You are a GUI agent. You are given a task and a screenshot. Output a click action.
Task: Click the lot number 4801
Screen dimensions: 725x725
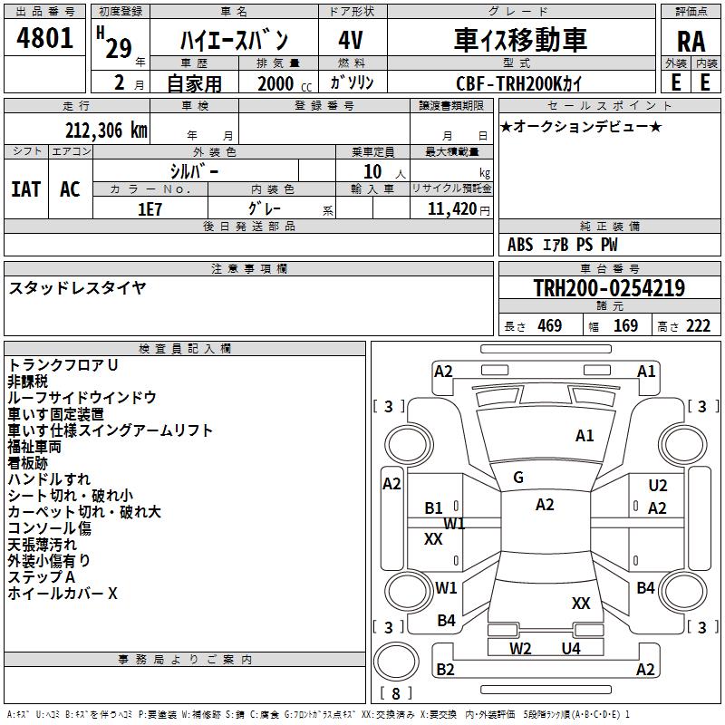44,39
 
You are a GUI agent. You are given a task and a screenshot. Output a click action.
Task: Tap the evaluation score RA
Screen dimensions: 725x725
691,41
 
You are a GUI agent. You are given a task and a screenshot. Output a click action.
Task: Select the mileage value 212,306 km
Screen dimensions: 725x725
106,130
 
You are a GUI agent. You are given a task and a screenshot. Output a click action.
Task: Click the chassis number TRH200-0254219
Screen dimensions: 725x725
608,289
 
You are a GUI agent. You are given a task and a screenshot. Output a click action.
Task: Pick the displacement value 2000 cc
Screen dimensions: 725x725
280,83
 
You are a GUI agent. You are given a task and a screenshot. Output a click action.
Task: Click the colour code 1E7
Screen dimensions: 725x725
150,208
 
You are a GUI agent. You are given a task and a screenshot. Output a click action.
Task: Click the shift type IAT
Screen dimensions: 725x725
25,188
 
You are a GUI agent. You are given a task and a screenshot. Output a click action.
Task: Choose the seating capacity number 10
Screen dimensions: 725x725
373,171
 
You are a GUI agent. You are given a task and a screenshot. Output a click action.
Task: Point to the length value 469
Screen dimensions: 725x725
549,326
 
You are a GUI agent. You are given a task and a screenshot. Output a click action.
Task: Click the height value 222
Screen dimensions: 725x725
698,326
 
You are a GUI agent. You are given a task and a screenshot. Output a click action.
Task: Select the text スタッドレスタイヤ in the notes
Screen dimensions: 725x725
77,288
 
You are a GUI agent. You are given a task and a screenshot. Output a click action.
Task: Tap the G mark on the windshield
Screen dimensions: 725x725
518,478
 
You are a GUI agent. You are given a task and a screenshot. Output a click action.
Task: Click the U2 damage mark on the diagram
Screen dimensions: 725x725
658,486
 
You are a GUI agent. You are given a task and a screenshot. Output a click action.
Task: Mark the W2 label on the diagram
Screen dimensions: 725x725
520,648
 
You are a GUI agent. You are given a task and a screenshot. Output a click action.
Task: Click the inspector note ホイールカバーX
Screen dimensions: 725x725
63,594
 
